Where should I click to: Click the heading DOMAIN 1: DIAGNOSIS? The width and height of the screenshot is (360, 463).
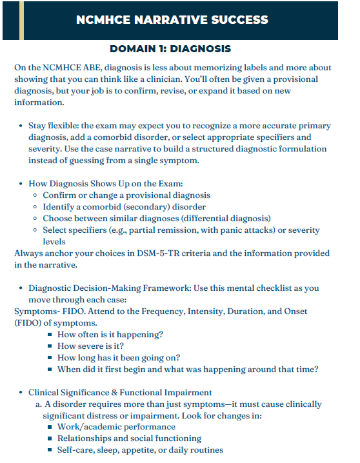click(170, 49)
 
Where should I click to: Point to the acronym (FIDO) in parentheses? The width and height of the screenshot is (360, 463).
click(30, 322)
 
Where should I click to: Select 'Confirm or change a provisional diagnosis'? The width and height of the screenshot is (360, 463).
click(126, 195)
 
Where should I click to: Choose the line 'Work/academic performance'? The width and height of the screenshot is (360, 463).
click(116, 427)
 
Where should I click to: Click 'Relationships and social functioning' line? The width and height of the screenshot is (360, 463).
click(129, 438)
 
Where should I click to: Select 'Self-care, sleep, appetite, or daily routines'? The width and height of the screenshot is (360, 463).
click(140, 450)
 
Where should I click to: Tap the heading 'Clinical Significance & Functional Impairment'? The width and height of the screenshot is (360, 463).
click(120, 392)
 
